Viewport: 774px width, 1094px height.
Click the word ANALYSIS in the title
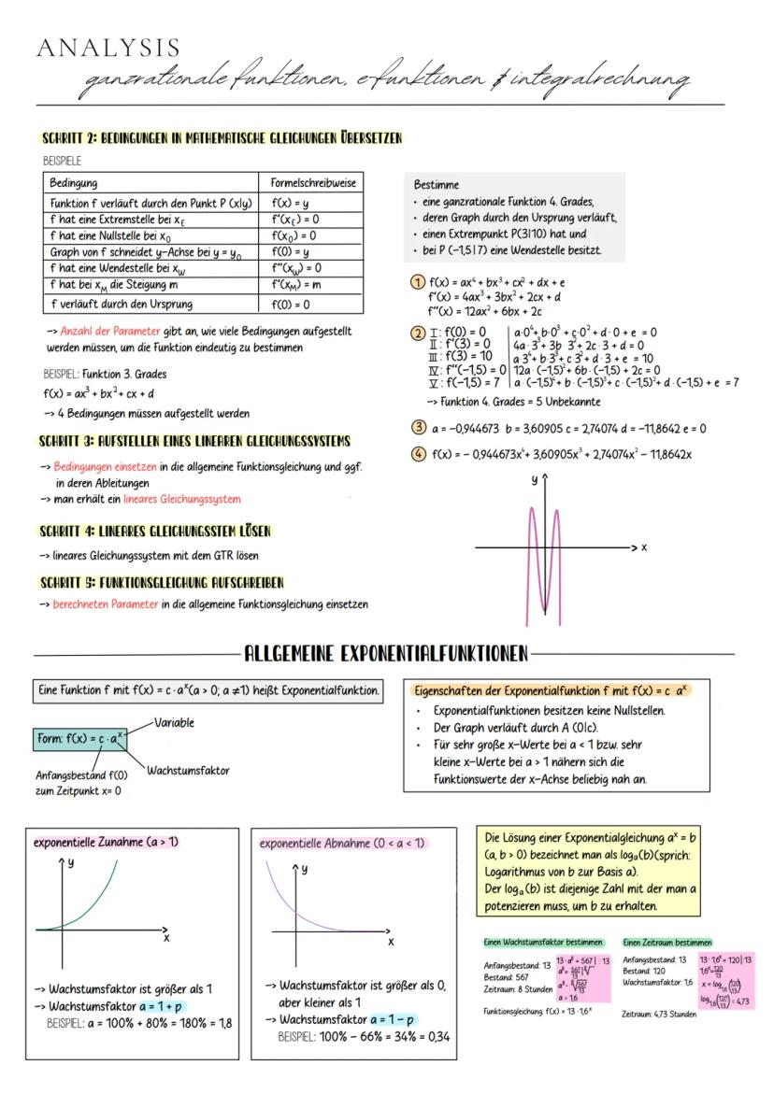coord(108,48)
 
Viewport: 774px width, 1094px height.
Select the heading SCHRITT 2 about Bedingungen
coord(221,139)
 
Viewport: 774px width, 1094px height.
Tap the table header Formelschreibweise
coord(312,183)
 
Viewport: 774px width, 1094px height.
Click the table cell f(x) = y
coord(282,203)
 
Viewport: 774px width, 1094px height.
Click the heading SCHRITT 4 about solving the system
coord(154,531)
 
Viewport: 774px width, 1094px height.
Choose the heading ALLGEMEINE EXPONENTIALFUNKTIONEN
coord(386,651)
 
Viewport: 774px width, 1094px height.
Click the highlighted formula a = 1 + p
coord(156,1005)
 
